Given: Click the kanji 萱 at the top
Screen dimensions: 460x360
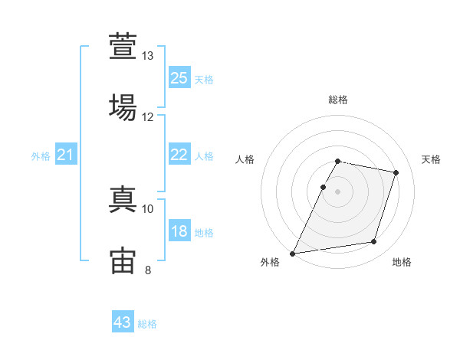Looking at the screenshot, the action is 123,46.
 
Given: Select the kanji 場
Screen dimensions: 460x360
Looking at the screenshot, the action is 123,107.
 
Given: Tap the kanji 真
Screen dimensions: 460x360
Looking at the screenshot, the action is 123,199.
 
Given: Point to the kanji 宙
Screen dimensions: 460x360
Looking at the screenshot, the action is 123,260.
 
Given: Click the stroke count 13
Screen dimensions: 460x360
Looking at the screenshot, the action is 147,56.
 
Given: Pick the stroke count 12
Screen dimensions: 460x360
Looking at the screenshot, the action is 147,117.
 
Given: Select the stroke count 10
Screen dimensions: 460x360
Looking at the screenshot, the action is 147,209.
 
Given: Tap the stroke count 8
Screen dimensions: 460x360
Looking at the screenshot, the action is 148,270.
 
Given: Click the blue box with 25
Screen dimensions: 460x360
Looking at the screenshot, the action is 179,77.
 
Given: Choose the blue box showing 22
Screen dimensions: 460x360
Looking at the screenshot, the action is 179,154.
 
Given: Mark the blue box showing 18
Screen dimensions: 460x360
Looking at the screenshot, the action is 179,230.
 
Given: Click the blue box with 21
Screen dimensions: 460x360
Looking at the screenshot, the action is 66,154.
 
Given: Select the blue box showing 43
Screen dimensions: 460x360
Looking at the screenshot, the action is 123,321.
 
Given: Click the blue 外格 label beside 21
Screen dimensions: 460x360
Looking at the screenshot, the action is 41,156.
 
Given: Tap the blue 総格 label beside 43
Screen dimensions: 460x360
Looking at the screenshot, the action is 147,324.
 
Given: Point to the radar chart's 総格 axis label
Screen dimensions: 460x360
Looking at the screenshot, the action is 338,100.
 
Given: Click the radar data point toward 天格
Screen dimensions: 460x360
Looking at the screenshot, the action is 396,172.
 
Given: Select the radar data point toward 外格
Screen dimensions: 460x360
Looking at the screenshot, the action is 292,254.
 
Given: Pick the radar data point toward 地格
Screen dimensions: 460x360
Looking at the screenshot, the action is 374,241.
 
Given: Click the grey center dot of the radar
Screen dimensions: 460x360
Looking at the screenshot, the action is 337,191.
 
